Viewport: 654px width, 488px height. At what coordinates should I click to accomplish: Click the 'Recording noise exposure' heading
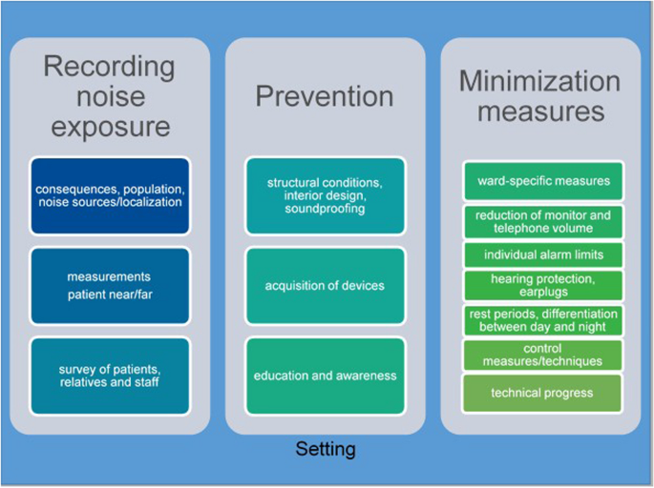coord(110,97)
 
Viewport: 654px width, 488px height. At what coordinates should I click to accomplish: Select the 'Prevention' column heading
coord(325,96)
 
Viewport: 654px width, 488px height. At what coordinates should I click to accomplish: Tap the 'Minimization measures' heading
coord(540,96)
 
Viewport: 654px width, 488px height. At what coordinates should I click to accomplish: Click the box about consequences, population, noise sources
coord(110,195)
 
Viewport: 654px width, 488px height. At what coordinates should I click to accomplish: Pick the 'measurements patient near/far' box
coord(110,286)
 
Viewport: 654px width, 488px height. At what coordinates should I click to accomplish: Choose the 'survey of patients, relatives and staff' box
coord(110,376)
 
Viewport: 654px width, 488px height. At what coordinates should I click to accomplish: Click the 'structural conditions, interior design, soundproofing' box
coord(325,195)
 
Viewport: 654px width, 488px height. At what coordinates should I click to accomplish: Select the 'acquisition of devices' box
coord(325,286)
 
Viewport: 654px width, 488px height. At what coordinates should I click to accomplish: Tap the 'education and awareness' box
coord(325,376)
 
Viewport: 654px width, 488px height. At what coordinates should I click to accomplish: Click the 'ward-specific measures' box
coord(542,180)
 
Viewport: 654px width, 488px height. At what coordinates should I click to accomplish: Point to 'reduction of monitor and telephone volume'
coord(542,221)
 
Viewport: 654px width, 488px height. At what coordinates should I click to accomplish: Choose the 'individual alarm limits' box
coord(542,255)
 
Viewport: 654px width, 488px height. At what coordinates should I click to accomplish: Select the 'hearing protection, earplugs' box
coord(542,285)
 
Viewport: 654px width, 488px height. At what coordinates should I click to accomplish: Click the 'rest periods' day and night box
coord(542,320)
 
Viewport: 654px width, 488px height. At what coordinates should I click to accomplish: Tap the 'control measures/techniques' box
coord(542,356)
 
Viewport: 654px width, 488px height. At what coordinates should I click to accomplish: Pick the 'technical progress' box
coord(542,393)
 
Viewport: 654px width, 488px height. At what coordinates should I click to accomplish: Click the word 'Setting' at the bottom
coord(327,447)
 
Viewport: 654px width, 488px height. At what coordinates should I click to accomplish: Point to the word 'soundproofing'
coord(325,209)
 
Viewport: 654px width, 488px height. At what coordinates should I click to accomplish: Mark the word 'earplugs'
coord(542,292)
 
